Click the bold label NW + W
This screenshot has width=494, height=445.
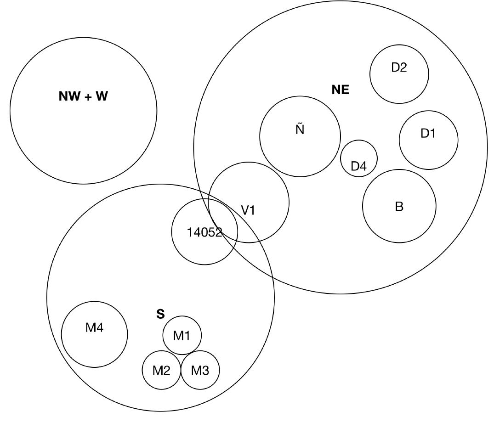(83, 96)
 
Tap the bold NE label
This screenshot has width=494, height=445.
(340, 90)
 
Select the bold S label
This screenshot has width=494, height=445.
(160, 314)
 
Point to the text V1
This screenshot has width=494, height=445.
(248, 210)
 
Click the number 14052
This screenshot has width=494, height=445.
(204, 232)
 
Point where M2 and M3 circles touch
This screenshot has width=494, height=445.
(181, 370)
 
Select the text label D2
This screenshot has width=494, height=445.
(399, 68)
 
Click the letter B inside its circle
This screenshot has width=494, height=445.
(399, 207)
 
